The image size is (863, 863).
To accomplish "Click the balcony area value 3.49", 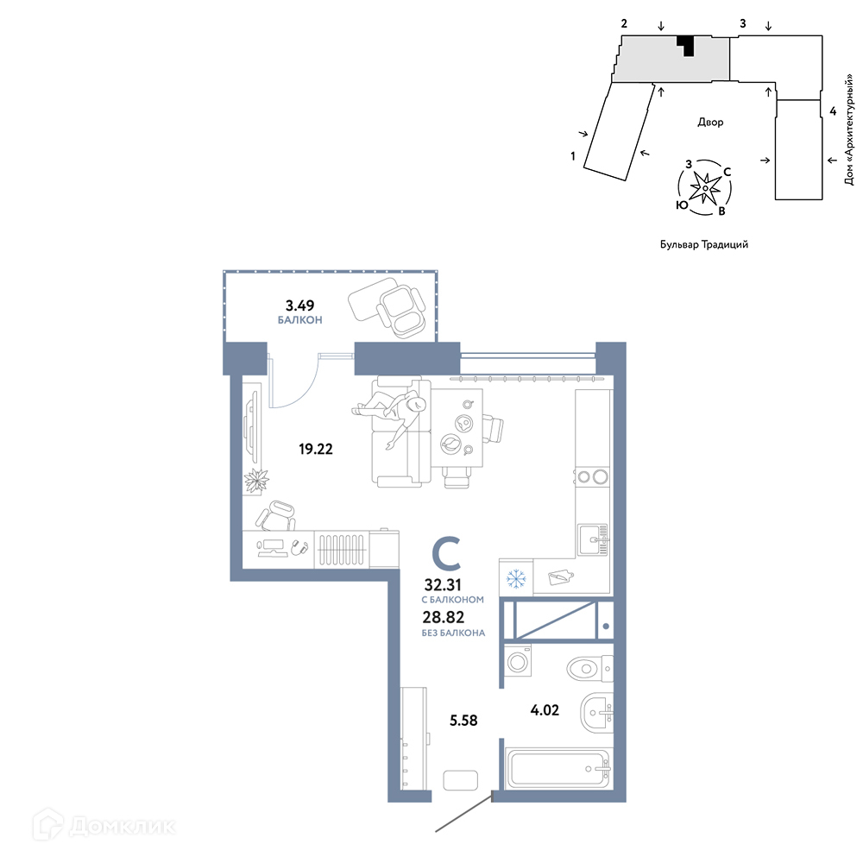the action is tap(299, 305).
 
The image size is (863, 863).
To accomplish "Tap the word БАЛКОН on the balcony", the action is tap(300, 320).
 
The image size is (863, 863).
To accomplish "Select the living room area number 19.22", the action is tap(316, 449).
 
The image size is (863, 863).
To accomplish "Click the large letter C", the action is tap(446, 554).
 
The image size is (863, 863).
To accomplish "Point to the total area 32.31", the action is tap(443, 584).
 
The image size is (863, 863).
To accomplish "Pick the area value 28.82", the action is tap(444, 617).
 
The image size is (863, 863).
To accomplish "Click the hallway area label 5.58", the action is tap(463, 721).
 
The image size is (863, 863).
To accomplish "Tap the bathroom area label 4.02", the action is tap(545, 710).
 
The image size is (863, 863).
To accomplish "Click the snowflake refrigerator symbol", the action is tap(516, 578).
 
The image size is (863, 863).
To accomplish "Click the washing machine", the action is tap(518, 660).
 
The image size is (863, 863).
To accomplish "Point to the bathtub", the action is tap(559, 768).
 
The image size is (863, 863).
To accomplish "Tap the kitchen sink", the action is tap(593, 540).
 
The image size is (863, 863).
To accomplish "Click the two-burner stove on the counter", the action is tap(592, 476).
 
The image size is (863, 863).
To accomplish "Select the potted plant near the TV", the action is tap(256, 481).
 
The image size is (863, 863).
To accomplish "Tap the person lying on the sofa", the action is tap(390, 417).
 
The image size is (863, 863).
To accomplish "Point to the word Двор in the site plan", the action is tap(710, 123).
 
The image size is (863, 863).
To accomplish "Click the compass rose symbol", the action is tap(705, 188).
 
